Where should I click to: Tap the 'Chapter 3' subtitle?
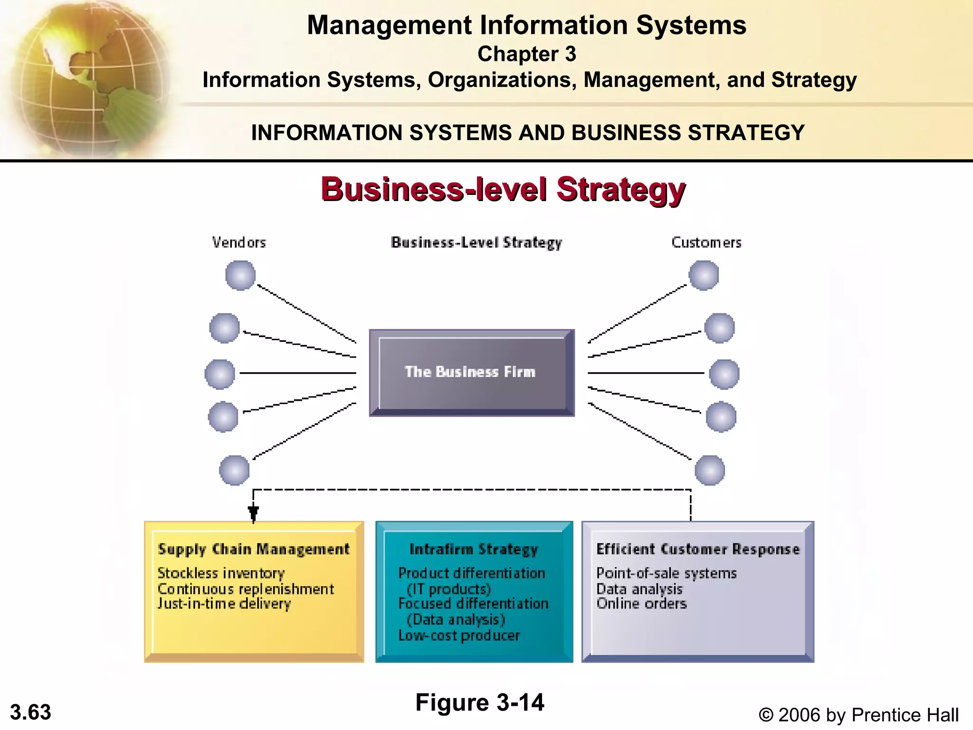coord(526,54)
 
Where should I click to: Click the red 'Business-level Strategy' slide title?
coord(503,189)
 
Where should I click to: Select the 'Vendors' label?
coord(239,243)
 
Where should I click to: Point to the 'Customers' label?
coord(706,243)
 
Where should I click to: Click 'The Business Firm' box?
coord(471,373)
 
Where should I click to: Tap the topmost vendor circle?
coord(240,275)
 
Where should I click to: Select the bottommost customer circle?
coord(709,470)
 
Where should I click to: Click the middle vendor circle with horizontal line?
coord(219,374)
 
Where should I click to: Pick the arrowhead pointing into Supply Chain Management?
coord(253,513)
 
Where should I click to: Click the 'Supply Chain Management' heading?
coord(254,549)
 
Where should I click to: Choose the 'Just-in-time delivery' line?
coord(224,604)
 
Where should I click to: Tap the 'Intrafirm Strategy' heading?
coord(474,549)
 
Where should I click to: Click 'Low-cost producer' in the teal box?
coord(459,636)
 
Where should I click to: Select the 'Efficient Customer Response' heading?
coord(698,549)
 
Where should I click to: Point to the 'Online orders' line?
coord(641,604)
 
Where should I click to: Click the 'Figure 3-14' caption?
coord(479,702)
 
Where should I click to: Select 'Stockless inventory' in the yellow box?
coord(221,573)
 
